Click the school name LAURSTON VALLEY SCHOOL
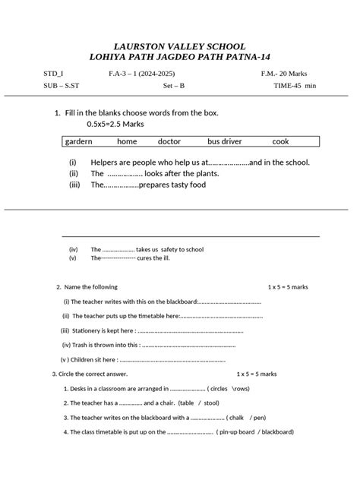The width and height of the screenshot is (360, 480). (x=179, y=46)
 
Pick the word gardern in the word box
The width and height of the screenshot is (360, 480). (x=79, y=141)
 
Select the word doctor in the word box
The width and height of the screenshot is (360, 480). (x=169, y=141)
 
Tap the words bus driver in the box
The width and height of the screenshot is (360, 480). (x=226, y=141)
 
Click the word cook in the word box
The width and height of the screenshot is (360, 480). (x=281, y=141)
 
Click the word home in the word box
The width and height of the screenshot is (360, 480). (x=127, y=141)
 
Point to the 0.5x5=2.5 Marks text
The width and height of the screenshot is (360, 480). (x=115, y=123)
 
